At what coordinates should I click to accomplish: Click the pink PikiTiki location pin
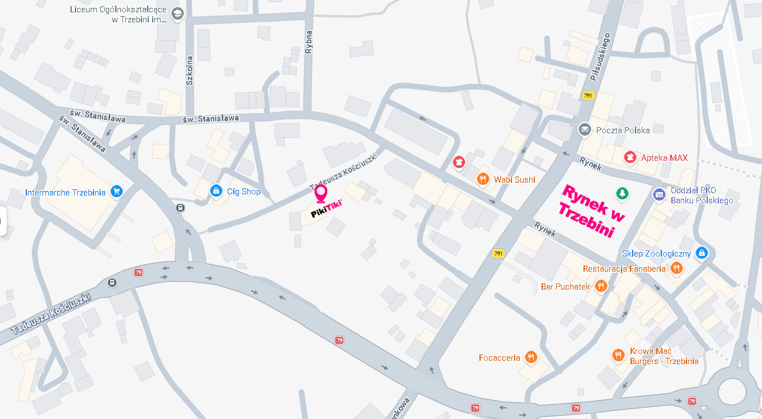coord(321,193)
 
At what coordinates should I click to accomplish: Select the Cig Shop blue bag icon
coord(216,191)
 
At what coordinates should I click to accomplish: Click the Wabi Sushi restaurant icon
coord(482,179)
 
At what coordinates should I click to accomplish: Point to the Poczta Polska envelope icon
coord(585,130)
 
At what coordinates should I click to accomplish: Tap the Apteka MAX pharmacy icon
coord(631,157)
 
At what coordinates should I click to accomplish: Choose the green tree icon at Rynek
coord(621,194)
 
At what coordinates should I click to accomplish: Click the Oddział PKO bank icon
coord(659,194)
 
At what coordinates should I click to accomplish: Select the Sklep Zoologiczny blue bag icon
coord(702,253)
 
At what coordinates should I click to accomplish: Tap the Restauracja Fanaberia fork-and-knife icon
coord(677,268)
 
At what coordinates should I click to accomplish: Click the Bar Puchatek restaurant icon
coord(601,286)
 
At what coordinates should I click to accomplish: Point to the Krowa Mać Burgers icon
coord(618,355)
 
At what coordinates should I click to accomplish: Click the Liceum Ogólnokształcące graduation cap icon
coord(177,14)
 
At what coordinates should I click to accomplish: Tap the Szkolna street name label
coord(190,71)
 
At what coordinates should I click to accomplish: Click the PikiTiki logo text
coord(326,207)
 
